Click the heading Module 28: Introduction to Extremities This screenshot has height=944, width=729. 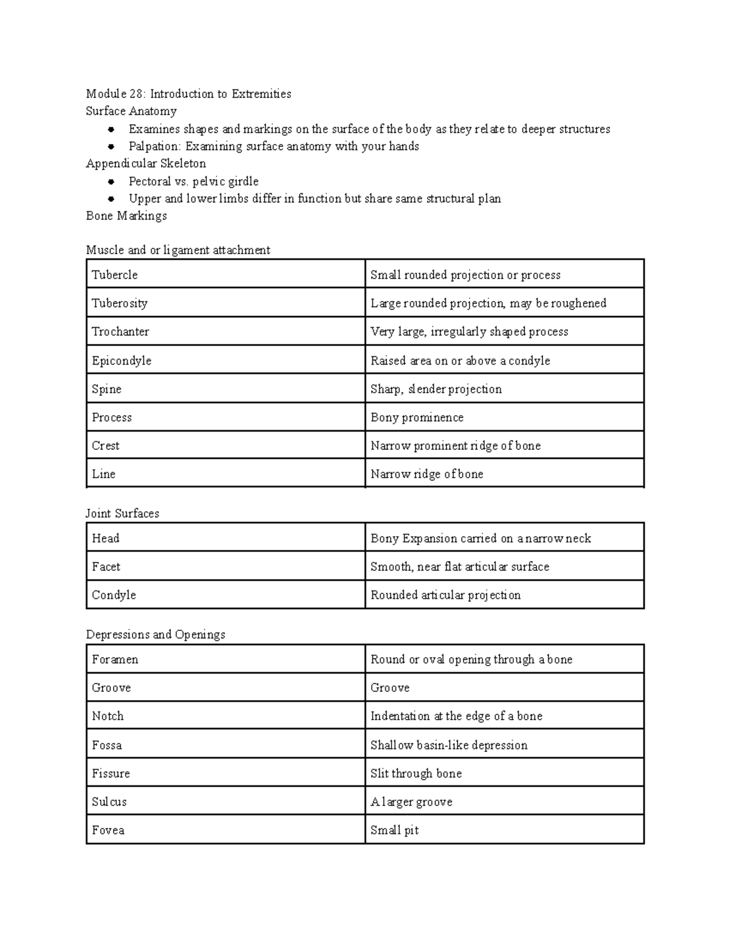click(x=188, y=94)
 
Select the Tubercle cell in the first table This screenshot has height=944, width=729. click(x=115, y=275)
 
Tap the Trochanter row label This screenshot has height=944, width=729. click(x=120, y=331)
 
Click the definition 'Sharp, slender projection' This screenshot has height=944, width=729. click(x=436, y=389)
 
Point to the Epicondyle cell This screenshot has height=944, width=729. click(x=122, y=360)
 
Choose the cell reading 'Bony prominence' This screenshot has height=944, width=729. click(x=417, y=418)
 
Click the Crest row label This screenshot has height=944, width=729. click(x=106, y=446)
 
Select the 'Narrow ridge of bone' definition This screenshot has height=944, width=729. click(x=426, y=474)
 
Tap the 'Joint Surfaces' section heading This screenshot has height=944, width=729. click(x=122, y=514)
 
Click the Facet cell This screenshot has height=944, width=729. click(x=106, y=567)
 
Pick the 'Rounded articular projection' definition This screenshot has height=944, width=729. click(x=445, y=595)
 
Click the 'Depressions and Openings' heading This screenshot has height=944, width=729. click(x=156, y=635)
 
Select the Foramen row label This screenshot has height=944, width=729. click(x=115, y=660)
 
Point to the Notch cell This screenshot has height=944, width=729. click(x=108, y=716)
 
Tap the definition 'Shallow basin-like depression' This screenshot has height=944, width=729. click(x=449, y=745)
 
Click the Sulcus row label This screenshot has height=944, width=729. click(x=109, y=802)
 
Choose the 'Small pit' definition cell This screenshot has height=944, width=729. click(x=394, y=830)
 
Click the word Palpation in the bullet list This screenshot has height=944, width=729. click(x=154, y=146)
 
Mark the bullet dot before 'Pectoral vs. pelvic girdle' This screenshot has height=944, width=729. click(x=111, y=182)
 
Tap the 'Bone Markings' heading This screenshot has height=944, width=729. click(x=126, y=216)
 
